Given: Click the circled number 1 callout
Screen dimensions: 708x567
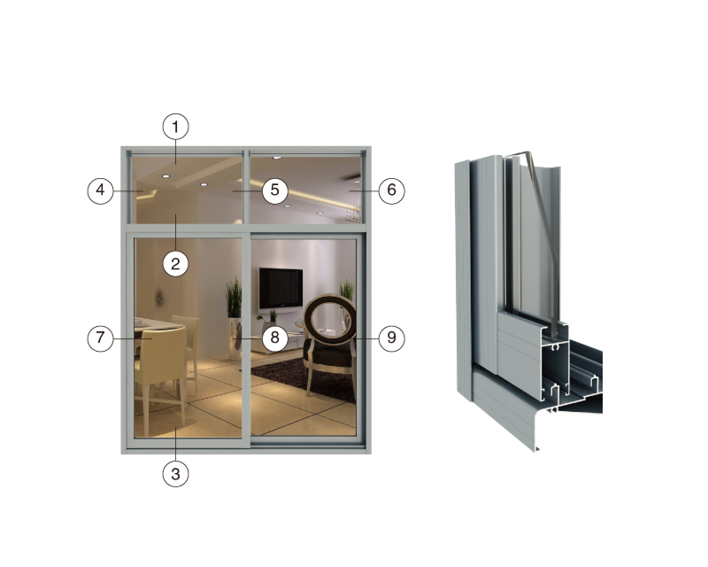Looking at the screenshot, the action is (x=175, y=127).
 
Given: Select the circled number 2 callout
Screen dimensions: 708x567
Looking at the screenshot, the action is (x=175, y=263).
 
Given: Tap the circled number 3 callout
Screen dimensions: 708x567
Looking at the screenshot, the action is (x=175, y=474).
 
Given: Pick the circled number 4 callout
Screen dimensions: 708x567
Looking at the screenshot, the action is (x=100, y=190).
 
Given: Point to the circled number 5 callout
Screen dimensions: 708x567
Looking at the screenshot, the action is (x=274, y=190).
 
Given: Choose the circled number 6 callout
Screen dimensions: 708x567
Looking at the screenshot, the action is (x=391, y=190).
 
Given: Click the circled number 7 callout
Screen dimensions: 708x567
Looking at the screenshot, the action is (x=100, y=338).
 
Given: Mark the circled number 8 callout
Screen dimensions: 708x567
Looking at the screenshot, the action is (x=274, y=338).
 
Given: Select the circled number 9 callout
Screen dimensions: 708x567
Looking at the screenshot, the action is (x=391, y=338).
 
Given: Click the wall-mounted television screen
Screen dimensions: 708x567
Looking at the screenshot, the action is (x=281, y=288).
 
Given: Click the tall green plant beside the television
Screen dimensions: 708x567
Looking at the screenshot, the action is (x=234, y=298).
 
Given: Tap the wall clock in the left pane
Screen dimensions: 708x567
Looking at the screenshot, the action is (x=159, y=298).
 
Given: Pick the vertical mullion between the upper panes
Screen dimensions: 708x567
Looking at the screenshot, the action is (x=246, y=187).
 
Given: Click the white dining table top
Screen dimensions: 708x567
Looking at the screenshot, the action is (x=153, y=324).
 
